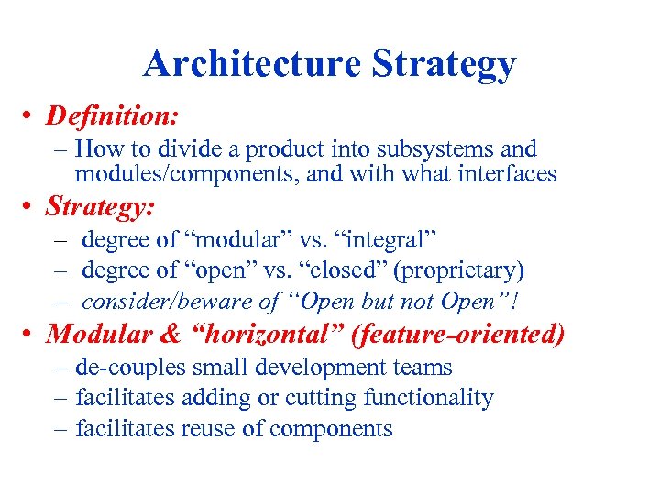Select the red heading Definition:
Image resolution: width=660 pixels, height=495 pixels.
pos(112,116)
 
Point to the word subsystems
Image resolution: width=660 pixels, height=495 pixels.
pos(442,148)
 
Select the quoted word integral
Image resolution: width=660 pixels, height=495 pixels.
pos(387,240)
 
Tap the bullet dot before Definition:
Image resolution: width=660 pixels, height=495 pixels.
pos(32,117)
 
